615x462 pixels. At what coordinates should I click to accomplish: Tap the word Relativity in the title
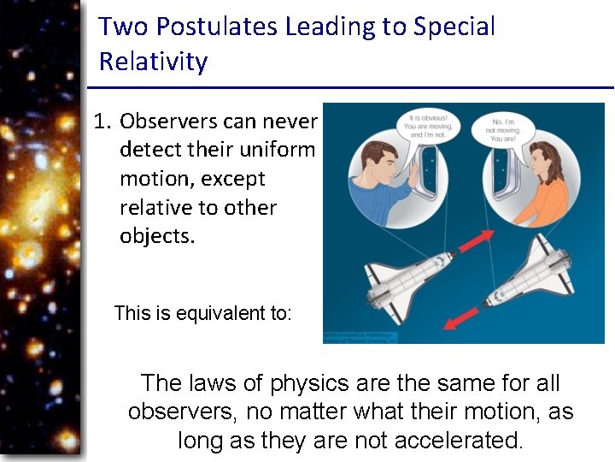coord(153,62)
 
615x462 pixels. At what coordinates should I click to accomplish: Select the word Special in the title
coord(454,27)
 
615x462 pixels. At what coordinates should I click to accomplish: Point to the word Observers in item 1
coord(168,121)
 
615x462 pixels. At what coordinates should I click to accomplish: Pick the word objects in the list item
coord(156,235)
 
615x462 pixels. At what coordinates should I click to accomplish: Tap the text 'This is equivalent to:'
coord(202,313)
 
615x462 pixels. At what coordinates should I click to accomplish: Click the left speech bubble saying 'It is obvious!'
coord(428,126)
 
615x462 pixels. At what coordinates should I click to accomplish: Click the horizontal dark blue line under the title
coord(350,87)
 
